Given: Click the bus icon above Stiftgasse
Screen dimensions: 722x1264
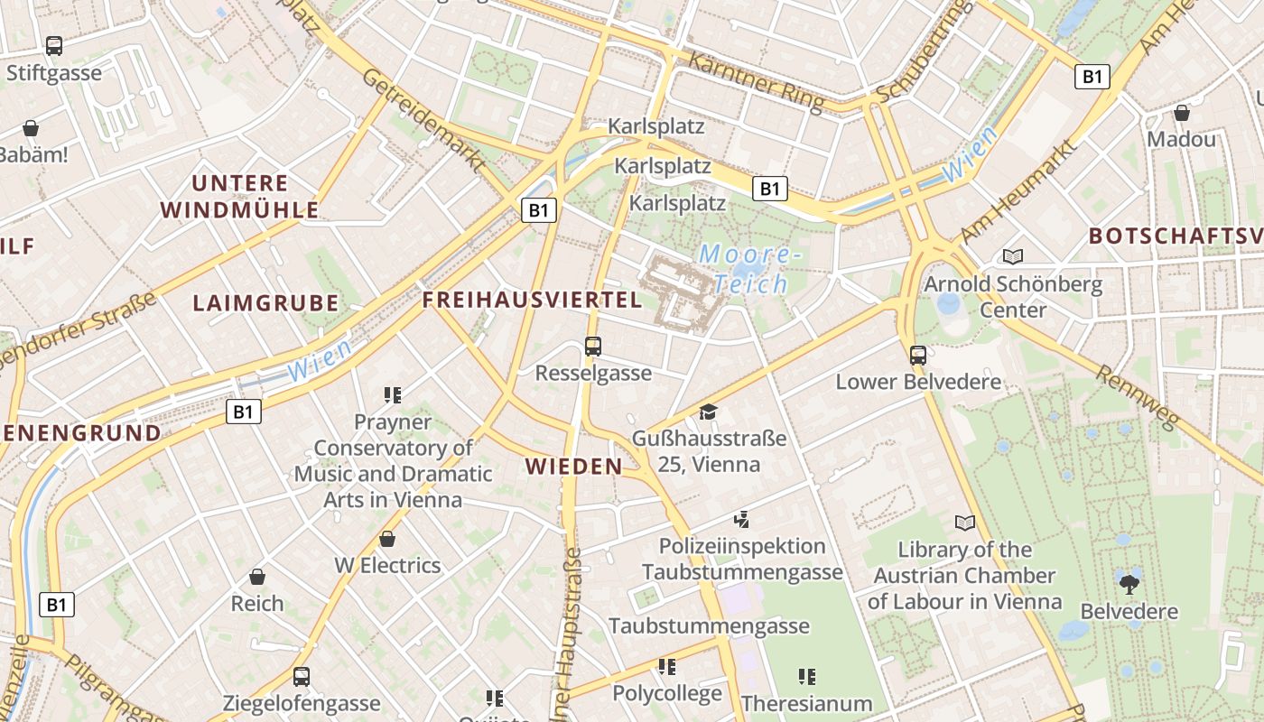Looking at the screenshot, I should pyautogui.click(x=54, y=46).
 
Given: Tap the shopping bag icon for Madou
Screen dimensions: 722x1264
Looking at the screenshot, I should pyautogui.click(x=1181, y=113).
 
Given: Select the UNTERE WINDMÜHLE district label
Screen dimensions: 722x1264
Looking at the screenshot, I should pyautogui.click(x=239, y=197).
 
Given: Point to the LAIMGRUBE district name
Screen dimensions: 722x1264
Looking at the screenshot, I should pyautogui.click(x=265, y=303).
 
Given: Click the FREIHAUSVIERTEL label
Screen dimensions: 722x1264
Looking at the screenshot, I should pyautogui.click(x=532, y=301).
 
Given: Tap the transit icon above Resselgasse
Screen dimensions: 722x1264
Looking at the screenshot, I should pyautogui.click(x=593, y=346).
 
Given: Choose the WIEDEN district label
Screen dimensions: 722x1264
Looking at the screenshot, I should pyautogui.click(x=574, y=467).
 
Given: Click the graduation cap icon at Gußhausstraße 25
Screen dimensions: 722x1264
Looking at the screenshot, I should pyautogui.click(x=708, y=412).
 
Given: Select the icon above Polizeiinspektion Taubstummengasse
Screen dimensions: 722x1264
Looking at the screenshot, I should pyautogui.click(x=741, y=519).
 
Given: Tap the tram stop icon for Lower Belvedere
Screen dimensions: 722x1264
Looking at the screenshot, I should pyautogui.click(x=918, y=355).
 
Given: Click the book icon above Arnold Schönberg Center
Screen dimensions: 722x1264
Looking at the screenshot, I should pyautogui.click(x=1013, y=257).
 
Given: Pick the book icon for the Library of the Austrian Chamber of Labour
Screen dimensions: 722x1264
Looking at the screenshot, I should pyautogui.click(x=965, y=523).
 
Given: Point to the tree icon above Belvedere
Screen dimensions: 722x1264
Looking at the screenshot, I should pyautogui.click(x=1129, y=584).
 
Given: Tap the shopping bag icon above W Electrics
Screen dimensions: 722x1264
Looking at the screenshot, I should pyautogui.click(x=387, y=539).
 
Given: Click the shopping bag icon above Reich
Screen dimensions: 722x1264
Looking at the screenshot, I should pyautogui.click(x=257, y=576).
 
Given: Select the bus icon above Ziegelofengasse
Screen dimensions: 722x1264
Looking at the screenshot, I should pyautogui.click(x=302, y=676).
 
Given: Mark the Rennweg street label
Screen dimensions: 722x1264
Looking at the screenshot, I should pyautogui.click(x=1138, y=397).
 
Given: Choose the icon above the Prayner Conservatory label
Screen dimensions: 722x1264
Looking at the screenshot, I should pyautogui.click(x=392, y=394).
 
